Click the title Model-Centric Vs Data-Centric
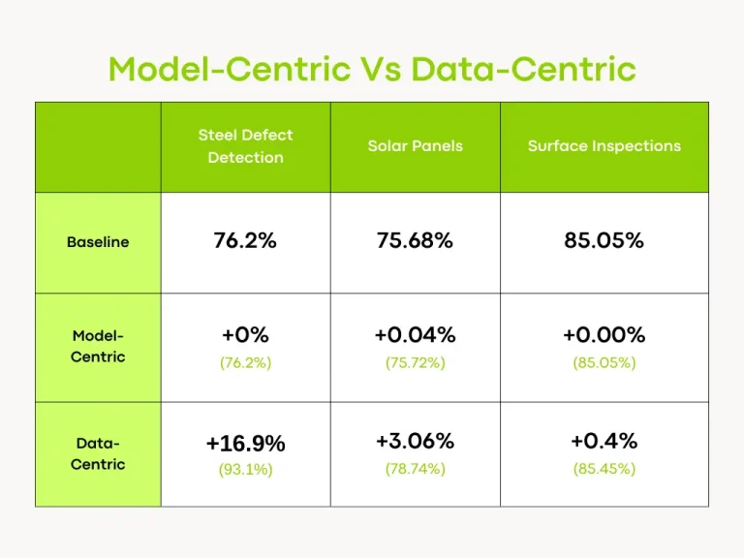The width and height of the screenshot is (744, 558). (372, 69)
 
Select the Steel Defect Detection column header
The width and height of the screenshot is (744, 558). (245, 146)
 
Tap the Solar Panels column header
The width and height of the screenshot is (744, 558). (415, 146)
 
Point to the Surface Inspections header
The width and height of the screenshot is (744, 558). (604, 146)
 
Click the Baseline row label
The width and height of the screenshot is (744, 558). (98, 242)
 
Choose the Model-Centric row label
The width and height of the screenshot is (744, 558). (98, 346)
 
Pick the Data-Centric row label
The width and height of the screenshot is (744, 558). (98, 453)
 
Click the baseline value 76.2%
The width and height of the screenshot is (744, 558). (245, 241)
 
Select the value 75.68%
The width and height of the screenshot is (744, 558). (415, 241)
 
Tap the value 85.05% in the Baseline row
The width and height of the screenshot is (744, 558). (604, 241)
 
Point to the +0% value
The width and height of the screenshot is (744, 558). (245, 335)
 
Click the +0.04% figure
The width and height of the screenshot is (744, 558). (415, 335)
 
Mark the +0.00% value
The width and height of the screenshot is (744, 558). (604, 335)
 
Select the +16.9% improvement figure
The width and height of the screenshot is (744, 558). (245, 444)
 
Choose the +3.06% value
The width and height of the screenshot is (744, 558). (415, 441)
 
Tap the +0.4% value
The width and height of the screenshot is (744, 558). (604, 441)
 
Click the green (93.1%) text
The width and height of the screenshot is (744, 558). (245, 470)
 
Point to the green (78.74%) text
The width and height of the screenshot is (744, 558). (415, 469)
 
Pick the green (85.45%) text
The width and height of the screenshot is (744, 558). (604, 469)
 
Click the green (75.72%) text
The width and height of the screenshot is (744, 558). (415, 363)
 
